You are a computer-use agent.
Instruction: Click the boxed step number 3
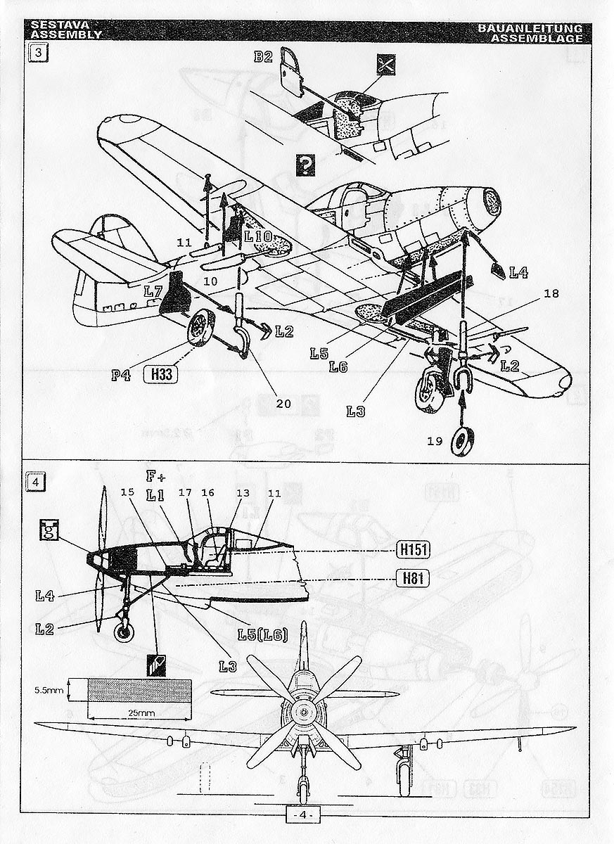[37, 54]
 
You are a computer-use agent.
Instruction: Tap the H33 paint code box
[160, 375]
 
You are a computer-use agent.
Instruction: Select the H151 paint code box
[412, 549]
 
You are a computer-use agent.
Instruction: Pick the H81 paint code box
[412, 578]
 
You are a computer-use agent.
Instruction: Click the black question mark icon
[305, 165]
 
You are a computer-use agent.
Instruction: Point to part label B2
[263, 57]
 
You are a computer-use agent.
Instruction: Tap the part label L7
[154, 290]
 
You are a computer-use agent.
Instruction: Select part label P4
[121, 375]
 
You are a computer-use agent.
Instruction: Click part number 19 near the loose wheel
[435, 441]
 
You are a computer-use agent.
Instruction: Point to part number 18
[551, 293]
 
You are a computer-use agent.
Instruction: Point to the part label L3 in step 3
[355, 411]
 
